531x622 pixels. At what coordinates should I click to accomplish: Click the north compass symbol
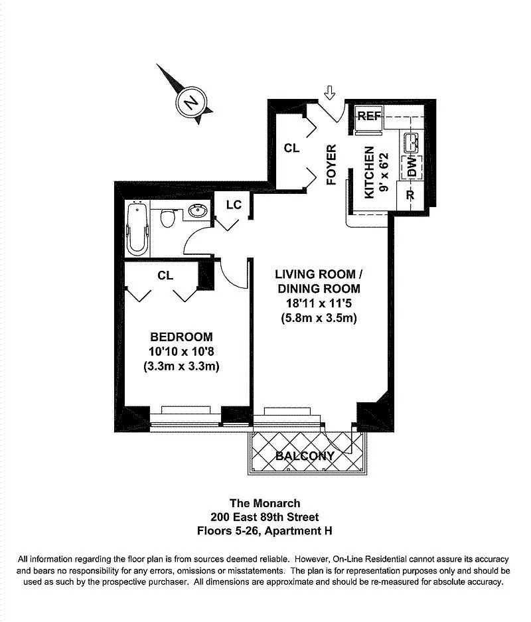point(192,104)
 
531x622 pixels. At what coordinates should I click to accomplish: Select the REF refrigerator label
point(369,116)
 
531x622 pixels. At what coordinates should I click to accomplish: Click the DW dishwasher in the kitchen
point(412,167)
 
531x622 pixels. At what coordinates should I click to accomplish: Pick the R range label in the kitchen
point(410,196)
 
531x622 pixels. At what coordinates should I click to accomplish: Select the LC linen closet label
point(233,204)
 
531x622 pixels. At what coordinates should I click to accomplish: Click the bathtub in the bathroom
point(137,229)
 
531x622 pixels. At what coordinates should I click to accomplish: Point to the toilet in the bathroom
point(168,218)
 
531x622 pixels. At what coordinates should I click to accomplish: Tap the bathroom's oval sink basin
point(197,212)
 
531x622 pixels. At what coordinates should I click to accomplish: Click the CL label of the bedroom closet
point(165,275)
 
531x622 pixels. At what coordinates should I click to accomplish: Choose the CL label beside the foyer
point(291,148)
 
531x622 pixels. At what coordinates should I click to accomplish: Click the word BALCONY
point(305,456)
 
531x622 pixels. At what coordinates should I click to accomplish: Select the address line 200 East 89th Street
point(265,516)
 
